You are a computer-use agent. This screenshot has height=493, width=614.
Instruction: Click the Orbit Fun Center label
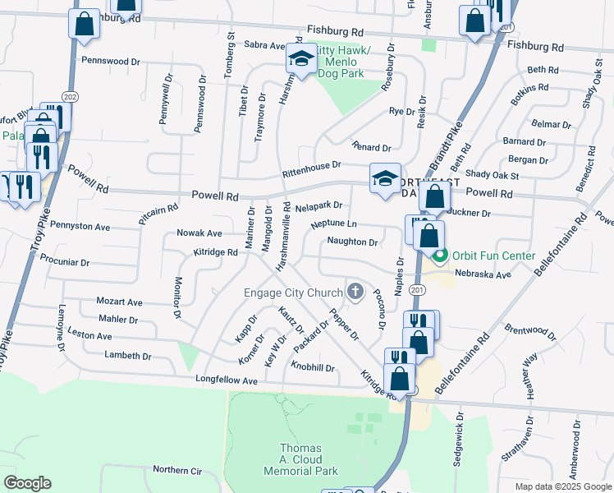(x=492, y=256)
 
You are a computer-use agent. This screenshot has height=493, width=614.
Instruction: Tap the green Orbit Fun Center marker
(x=440, y=256)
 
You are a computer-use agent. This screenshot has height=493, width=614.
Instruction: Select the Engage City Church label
(x=293, y=292)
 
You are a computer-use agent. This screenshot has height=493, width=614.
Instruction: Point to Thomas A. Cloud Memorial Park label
(x=300, y=460)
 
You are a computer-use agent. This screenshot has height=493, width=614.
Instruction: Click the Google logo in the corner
(x=27, y=483)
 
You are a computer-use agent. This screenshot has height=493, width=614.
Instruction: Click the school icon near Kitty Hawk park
(x=301, y=60)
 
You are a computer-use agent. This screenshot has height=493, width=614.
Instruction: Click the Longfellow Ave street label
(x=227, y=381)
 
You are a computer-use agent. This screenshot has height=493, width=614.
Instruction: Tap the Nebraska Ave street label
(x=483, y=274)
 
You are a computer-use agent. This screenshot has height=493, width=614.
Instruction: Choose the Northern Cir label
(x=176, y=470)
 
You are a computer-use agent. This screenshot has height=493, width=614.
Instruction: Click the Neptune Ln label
(x=334, y=223)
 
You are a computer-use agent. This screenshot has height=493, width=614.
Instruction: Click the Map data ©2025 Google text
(x=562, y=486)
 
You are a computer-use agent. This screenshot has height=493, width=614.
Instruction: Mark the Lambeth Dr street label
(x=128, y=356)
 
